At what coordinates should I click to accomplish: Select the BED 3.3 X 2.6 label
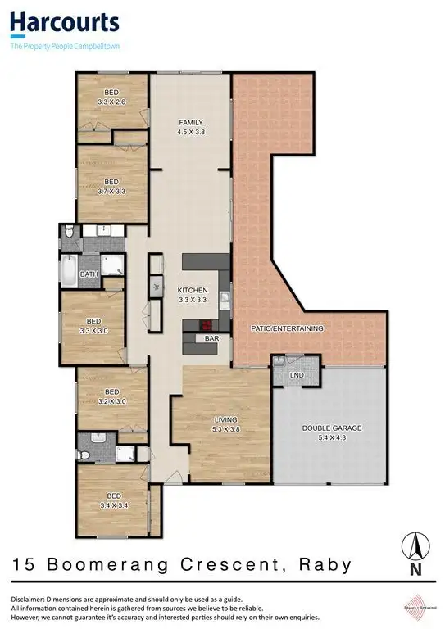click(111, 97)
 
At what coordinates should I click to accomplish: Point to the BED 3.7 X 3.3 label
click(111, 186)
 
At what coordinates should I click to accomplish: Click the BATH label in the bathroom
click(89, 274)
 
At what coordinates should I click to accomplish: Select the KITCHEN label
click(193, 295)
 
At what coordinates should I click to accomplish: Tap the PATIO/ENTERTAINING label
click(287, 328)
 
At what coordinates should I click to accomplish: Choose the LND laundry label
click(296, 377)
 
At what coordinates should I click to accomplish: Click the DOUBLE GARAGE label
click(331, 432)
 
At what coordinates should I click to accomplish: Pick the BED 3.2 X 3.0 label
click(111, 396)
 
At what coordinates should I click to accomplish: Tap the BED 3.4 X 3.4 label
click(111, 500)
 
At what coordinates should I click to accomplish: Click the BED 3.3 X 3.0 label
click(93, 326)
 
